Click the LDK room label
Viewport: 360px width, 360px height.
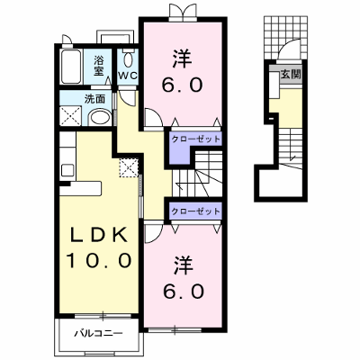coord(98,236)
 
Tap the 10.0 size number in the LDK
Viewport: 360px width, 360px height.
coord(98,260)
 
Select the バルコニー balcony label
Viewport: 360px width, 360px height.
coord(98,334)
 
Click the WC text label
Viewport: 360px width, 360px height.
coord(128,76)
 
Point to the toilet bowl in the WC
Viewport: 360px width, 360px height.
coord(128,60)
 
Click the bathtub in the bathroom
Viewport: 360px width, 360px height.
coord(71,67)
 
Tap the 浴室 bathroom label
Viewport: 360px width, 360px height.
coord(99,66)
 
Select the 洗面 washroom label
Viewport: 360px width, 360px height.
coord(94,99)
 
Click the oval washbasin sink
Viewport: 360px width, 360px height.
coord(101,118)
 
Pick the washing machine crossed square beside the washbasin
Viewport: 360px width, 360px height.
coord(71,116)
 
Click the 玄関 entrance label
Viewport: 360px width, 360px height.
coord(291,74)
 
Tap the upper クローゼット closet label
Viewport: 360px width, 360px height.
coord(195,139)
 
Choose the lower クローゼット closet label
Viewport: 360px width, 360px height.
coord(195,211)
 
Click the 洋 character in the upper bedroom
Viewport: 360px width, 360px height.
coord(182,58)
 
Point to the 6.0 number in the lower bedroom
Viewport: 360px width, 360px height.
coord(184,291)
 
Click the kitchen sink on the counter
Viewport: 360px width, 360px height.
coord(67,171)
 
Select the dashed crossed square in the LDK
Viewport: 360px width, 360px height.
coord(129,168)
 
